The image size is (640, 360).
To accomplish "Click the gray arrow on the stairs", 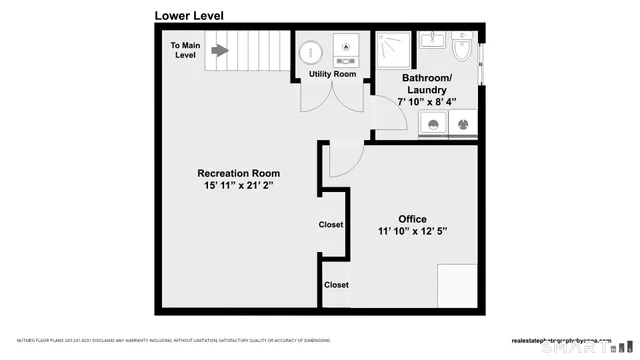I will pos(219,50).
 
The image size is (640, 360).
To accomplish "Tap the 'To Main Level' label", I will pos(185,50).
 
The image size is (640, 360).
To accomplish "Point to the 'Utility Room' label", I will pos(331,74).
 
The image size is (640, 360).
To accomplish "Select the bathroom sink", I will pos(433,40).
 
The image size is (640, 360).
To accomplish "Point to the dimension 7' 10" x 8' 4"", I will pos(427,101).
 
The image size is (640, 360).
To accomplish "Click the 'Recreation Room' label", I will pos(238,173).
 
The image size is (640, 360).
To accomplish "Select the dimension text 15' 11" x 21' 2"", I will pos(238,186).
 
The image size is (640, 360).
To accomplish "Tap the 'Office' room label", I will pos(412,219).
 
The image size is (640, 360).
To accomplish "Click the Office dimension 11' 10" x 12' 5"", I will pos(412,232).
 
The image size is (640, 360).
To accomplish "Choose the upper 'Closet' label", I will pos(331,225).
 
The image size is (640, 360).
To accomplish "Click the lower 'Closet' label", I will pos(337,285).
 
